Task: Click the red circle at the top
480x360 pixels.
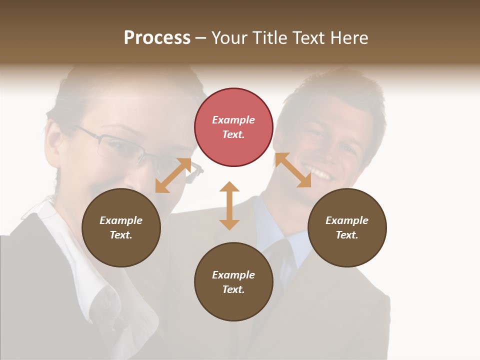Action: click(233, 127)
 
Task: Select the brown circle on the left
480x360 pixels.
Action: click(121, 227)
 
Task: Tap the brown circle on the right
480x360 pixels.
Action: click(347, 227)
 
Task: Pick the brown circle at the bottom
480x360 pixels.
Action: click(233, 282)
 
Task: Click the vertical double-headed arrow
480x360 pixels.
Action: click(229, 205)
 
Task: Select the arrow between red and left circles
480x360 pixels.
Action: click(173, 175)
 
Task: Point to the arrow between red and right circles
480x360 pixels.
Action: click(293, 170)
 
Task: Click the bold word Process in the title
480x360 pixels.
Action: click(157, 37)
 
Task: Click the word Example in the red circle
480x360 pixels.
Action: click(233, 120)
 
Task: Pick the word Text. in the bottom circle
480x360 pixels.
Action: click(233, 289)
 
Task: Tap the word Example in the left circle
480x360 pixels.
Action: click(121, 220)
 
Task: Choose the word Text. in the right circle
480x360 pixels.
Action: click(347, 235)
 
